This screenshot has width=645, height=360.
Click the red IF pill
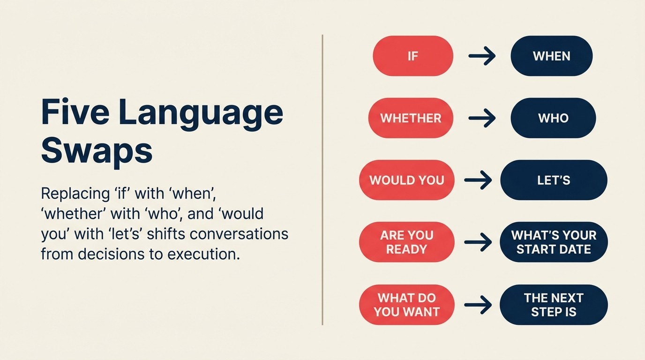coord(412,56)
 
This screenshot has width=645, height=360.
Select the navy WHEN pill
coord(551,56)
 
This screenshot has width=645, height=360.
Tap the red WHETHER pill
coord(411,118)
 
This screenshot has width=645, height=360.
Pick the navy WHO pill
coord(553,118)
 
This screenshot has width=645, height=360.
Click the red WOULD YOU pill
coord(406,180)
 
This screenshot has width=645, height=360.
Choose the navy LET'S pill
coord(554,180)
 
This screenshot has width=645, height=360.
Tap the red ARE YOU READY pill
coord(406,242)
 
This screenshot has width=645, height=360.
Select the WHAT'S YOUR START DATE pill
coord(554,242)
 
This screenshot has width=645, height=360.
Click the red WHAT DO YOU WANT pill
coord(406,305)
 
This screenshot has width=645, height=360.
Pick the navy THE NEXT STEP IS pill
coord(554,305)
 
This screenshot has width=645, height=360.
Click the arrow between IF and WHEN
coord(482,57)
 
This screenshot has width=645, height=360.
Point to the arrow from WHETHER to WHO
coord(482,118)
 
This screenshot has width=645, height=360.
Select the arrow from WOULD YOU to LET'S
coord(478,180)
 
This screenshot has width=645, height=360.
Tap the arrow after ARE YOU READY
coord(478,242)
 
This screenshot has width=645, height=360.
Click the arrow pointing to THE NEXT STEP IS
coord(478,305)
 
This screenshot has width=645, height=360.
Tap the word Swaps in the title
coord(97,150)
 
